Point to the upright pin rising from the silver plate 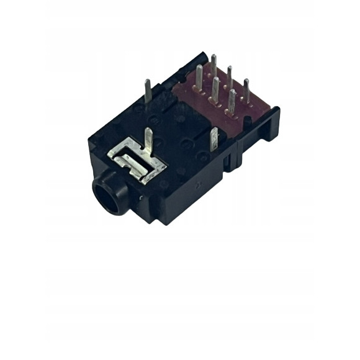click(x=148, y=142)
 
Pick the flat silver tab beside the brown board click(x=215, y=140)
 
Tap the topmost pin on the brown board click(x=213, y=65)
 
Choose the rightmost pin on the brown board click(x=246, y=90)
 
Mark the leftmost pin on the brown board click(x=199, y=79)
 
